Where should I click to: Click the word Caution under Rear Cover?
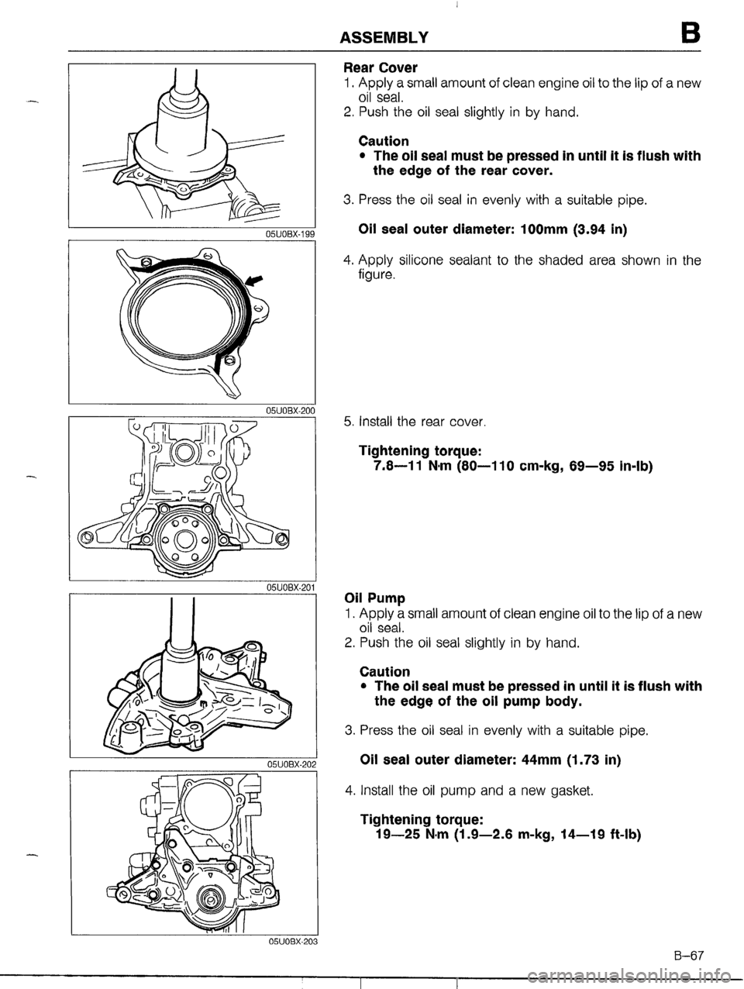[x=384, y=141]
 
